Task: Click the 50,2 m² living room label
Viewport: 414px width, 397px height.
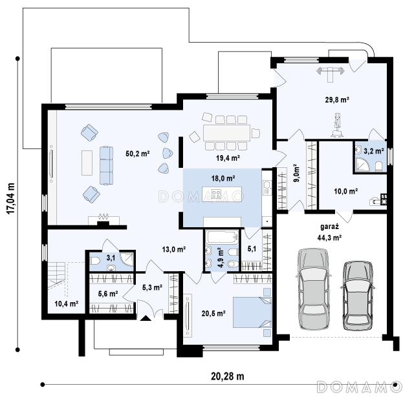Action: click(138, 154)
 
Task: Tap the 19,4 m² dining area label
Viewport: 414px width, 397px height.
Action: click(228, 158)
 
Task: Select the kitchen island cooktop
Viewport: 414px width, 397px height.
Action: click(216, 194)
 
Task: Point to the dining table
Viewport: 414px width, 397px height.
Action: click(226, 133)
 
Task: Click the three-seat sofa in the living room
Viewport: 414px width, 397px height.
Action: click(106, 165)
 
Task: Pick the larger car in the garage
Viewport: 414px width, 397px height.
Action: click(313, 289)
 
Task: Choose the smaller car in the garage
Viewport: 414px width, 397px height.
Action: click(358, 296)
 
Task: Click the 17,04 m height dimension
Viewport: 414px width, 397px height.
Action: click(11, 198)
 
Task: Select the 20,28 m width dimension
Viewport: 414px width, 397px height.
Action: click(227, 376)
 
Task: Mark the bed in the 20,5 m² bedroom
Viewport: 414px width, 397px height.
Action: click(252, 312)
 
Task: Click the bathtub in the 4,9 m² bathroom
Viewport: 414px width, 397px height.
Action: click(223, 237)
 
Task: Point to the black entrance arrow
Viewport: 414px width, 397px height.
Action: click(146, 318)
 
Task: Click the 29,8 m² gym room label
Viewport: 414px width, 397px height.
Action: click(337, 100)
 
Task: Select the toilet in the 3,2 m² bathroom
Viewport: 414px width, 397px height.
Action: click(378, 167)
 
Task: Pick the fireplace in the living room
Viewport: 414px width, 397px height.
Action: click(103, 220)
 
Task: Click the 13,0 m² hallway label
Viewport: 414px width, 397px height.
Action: click(174, 249)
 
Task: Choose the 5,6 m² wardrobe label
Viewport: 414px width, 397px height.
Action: click(108, 294)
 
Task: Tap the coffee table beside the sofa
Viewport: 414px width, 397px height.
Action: click(87, 163)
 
